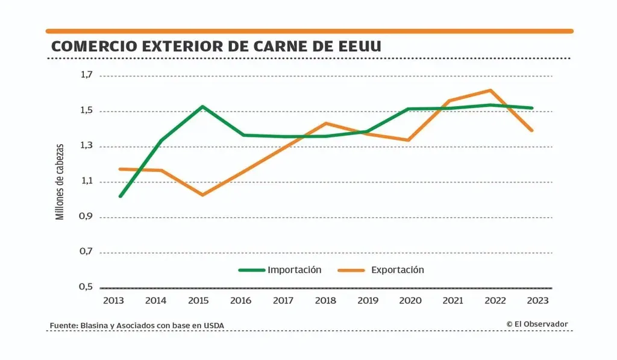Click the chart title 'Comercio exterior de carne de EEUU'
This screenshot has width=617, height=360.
216,46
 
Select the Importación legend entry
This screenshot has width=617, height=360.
280,270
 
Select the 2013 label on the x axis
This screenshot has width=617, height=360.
113,300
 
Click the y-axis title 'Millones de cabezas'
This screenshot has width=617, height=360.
60,181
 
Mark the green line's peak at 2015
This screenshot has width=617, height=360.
202,107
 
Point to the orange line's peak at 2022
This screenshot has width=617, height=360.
492,90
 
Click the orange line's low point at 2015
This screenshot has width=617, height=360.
202,195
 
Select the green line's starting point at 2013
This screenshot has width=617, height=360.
120,197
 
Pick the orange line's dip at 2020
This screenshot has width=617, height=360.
409,140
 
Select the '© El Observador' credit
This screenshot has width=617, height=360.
537,324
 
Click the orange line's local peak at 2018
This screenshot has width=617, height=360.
326,123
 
